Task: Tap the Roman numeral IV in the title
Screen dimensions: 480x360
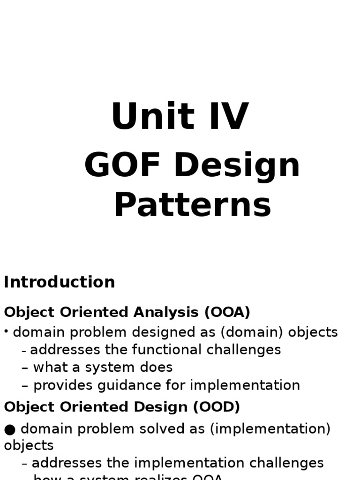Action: point(228,117)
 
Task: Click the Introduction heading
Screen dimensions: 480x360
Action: point(60,282)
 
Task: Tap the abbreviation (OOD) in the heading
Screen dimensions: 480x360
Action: point(216,407)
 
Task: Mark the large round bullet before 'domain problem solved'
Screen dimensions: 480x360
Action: point(10,428)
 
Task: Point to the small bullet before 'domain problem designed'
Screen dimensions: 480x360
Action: point(7,332)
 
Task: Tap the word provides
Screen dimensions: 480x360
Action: point(61,385)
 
